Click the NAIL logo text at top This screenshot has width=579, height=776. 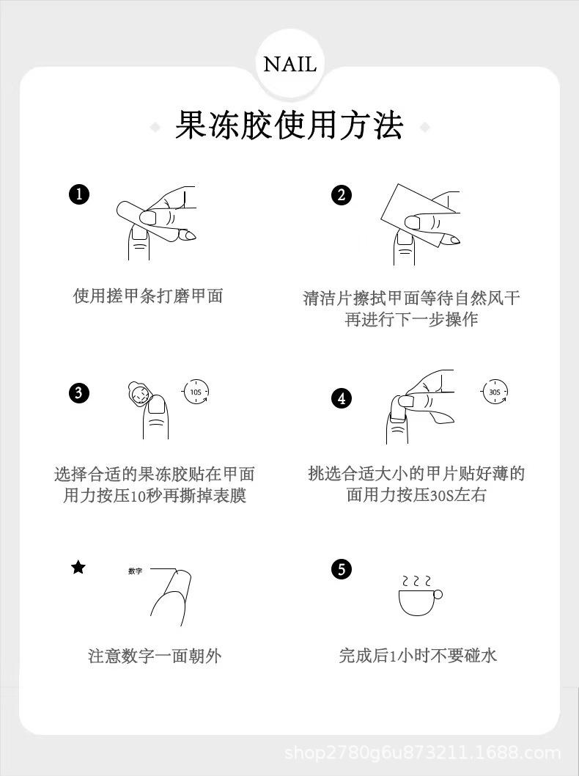tap(289, 65)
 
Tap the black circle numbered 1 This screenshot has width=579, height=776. tap(79, 194)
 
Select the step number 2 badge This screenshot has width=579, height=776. tap(341, 195)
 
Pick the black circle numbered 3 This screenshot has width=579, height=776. tap(78, 393)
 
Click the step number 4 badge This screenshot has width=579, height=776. tap(341, 398)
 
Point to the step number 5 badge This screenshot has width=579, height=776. tap(341, 569)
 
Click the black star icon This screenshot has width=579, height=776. tap(78, 568)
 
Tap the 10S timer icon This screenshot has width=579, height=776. tap(196, 392)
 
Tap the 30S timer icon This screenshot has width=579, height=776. tap(495, 392)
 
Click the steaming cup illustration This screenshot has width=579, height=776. tap(419, 596)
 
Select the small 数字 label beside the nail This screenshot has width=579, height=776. tap(135, 571)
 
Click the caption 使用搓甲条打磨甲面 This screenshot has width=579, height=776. tap(148, 296)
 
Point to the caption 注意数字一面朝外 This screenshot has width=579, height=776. tap(155, 656)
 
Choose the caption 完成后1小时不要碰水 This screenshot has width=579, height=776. tap(418, 656)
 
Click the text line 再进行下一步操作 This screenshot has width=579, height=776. tap(411, 319)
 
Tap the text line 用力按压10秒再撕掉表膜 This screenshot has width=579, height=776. tap(155, 495)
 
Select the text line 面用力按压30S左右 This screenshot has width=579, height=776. tap(416, 495)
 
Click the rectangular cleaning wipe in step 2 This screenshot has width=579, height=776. tap(418, 216)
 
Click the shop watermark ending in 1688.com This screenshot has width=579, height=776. tap(423, 754)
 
